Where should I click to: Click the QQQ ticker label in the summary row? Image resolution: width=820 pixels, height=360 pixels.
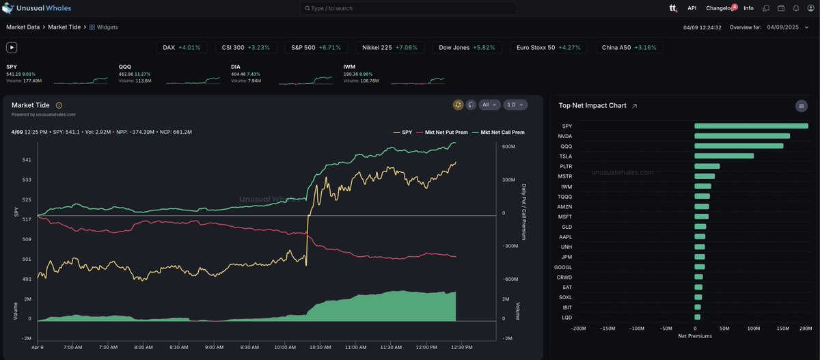(x=124, y=67)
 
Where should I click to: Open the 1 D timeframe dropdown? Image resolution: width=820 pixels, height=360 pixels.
(x=515, y=105)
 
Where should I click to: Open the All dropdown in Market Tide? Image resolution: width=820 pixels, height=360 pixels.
(x=489, y=105)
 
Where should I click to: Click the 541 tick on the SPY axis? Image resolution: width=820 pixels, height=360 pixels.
(x=27, y=160)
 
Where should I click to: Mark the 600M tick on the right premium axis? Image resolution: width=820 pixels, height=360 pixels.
(x=508, y=147)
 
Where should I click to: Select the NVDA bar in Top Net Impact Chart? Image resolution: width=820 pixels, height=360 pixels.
(x=741, y=136)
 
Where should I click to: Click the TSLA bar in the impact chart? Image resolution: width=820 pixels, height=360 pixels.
(x=724, y=156)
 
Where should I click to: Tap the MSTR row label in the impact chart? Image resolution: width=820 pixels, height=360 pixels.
(x=566, y=176)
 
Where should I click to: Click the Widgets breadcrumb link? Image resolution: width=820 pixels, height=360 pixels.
(x=107, y=27)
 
